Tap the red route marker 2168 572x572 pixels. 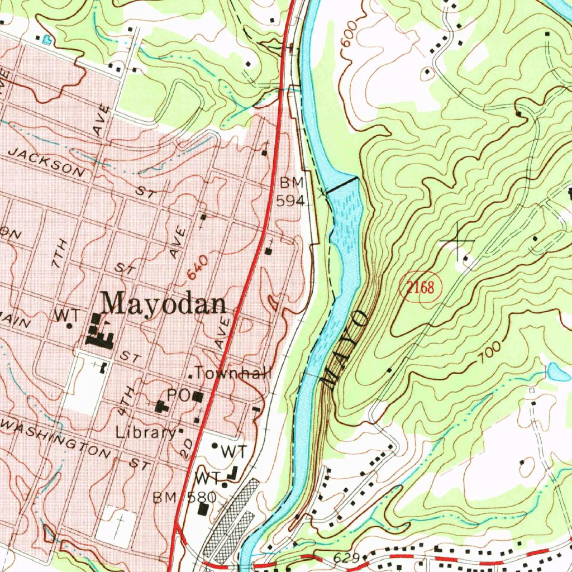[x=420, y=288]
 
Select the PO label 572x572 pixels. [x=179, y=395]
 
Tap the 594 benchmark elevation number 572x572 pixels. [x=290, y=201]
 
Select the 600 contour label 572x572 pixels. [x=348, y=37]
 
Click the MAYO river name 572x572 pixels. [x=345, y=350]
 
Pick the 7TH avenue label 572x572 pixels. [x=59, y=253]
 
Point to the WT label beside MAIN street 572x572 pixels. [x=63, y=315]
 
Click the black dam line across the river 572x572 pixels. [x=342, y=185]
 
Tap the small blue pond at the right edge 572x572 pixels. [x=559, y=371]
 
